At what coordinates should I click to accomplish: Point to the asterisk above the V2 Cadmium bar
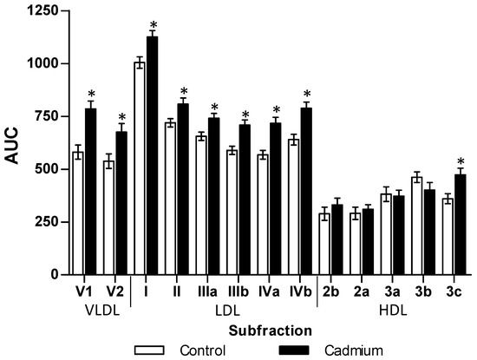click(x=122, y=118)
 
